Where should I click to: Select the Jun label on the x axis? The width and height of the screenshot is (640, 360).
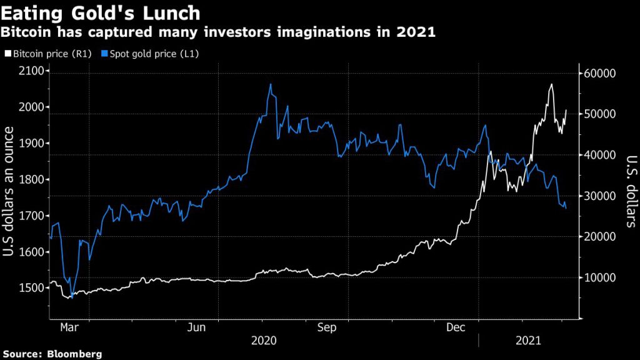(197, 327)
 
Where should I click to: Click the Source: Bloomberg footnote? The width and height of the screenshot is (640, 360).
(52, 354)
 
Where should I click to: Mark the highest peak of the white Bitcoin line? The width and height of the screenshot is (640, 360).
(551, 84)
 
